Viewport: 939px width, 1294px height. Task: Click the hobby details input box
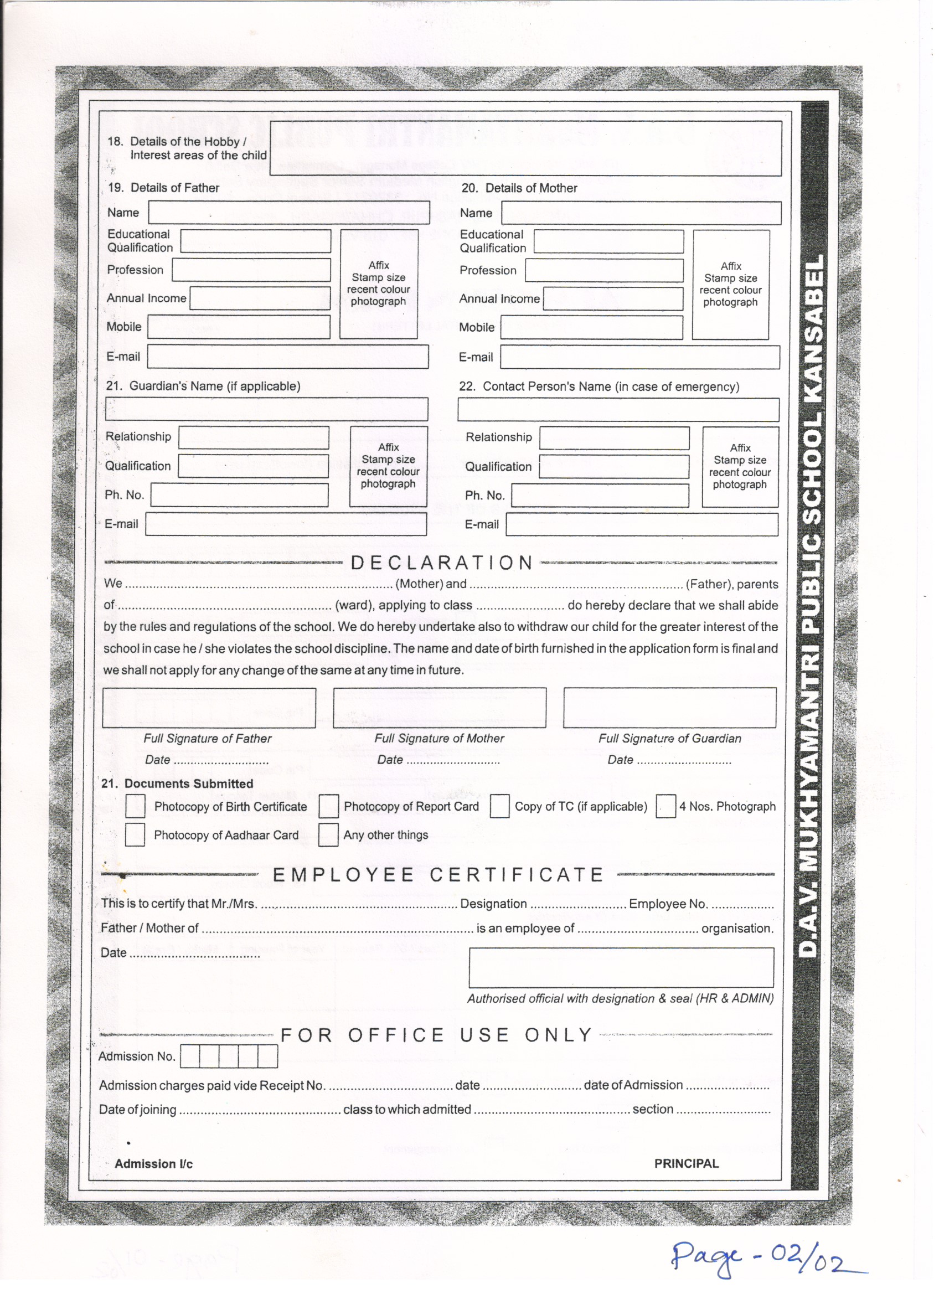(x=525, y=148)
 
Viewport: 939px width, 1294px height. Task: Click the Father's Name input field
(x=288, y=212)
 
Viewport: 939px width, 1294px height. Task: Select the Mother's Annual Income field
(x=613, y=299)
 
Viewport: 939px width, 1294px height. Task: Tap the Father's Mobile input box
(x=239, y=327)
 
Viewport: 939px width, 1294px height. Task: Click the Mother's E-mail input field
(x=639, y=357)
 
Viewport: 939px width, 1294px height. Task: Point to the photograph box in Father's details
(x=379, y=284)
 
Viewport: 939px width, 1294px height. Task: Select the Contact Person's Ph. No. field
(x=600, y=495)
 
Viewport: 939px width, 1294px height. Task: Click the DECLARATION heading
(x=442, y=563)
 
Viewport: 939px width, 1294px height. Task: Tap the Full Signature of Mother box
(x=439, y=708)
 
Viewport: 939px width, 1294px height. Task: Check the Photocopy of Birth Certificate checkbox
(x=135, y=806)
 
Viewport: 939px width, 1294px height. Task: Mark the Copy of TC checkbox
(x=499, y=806)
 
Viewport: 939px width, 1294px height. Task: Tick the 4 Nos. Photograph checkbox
(x=665, y=806)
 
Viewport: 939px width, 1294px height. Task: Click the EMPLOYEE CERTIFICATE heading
(x=437, y=875)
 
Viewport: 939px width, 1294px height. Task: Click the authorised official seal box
(x=621, y=968)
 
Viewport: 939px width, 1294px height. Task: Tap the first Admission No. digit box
(x=190, y=1056)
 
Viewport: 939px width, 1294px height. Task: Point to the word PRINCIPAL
(x=687, y=1163)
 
